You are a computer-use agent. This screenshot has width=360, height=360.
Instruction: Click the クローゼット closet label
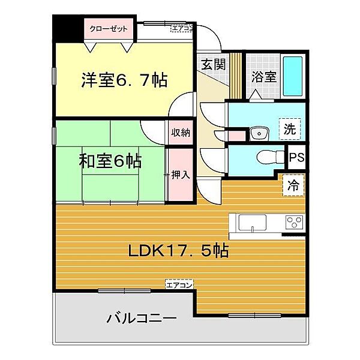coord(109,29)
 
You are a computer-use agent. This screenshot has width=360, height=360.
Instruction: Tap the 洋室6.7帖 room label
coord(124,80)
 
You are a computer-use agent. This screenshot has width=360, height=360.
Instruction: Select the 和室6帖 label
coord(110,161)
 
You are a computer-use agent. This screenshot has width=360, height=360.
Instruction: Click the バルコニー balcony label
coord(142,318)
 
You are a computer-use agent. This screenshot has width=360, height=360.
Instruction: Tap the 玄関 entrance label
coord(213,64)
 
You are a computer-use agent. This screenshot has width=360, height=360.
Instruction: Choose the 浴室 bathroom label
coord(264,76)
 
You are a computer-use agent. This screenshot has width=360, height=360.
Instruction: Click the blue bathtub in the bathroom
coord(293,76)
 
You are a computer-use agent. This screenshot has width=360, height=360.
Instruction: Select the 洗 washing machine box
coord(290,129)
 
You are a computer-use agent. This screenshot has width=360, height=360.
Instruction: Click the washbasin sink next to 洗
coord(259,133)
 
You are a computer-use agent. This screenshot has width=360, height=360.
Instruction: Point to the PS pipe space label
coord(296,157)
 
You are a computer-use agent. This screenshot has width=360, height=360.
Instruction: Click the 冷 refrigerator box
coord(293,185)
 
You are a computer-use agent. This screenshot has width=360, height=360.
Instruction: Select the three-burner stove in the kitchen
coord(295,222)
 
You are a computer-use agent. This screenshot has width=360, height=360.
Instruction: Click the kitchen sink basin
coord(253,223)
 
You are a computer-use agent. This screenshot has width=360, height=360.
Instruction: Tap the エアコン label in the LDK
coord(179,285)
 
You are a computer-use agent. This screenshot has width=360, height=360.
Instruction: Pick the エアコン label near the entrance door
coord(182,28)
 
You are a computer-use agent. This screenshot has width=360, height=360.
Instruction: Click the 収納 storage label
coord(181,133)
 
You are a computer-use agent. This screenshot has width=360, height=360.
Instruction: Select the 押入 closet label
coord(181,175)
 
